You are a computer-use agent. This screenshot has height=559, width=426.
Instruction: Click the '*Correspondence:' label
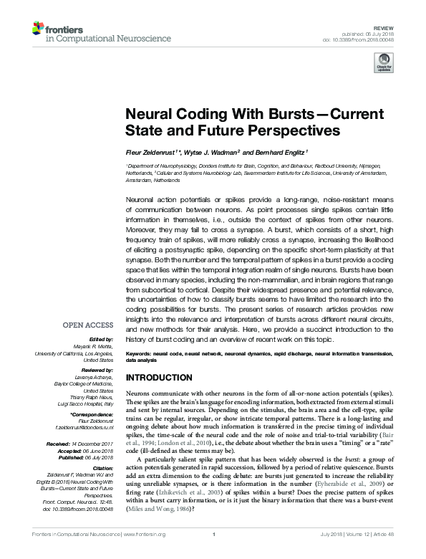point(93,414)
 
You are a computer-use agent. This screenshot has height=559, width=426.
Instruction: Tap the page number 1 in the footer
point(214,554)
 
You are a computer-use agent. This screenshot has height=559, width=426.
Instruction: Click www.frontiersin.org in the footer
point(145,554)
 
